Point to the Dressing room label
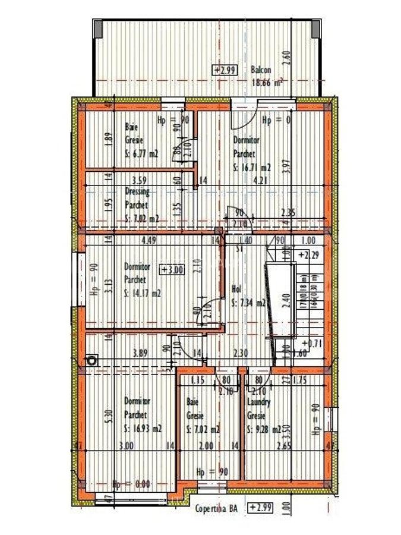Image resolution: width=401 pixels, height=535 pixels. tap(137, 191)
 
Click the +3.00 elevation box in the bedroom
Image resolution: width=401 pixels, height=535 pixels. tap(173, 269)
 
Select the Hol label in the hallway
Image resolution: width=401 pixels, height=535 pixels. tap(236, 289)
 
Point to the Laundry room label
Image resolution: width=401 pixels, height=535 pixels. tap(258, 403)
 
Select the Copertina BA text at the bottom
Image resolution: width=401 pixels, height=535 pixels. tap(216, 508)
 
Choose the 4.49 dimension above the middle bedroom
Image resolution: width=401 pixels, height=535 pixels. tap(147, 241)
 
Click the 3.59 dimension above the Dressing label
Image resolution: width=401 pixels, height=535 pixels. tap(140, 180)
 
